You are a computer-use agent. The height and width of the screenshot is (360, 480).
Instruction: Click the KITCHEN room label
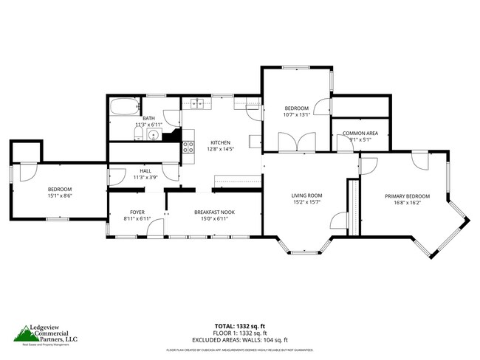[x=220, y=142]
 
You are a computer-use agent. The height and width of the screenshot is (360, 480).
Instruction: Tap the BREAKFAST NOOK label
[x=214, y=212]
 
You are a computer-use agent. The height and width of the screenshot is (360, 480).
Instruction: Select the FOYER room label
[x=136, y=212]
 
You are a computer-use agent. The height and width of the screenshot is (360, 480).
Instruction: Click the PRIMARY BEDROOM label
[x=407, y=195]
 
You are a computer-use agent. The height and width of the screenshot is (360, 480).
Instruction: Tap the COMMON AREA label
[x=360, y=133]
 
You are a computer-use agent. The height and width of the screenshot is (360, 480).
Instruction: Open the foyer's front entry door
[x=154, y=229]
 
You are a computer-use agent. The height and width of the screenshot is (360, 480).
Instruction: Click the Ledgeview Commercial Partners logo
[x=46, y=335]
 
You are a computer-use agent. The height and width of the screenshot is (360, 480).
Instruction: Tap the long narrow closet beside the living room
[x=353, y=207]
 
